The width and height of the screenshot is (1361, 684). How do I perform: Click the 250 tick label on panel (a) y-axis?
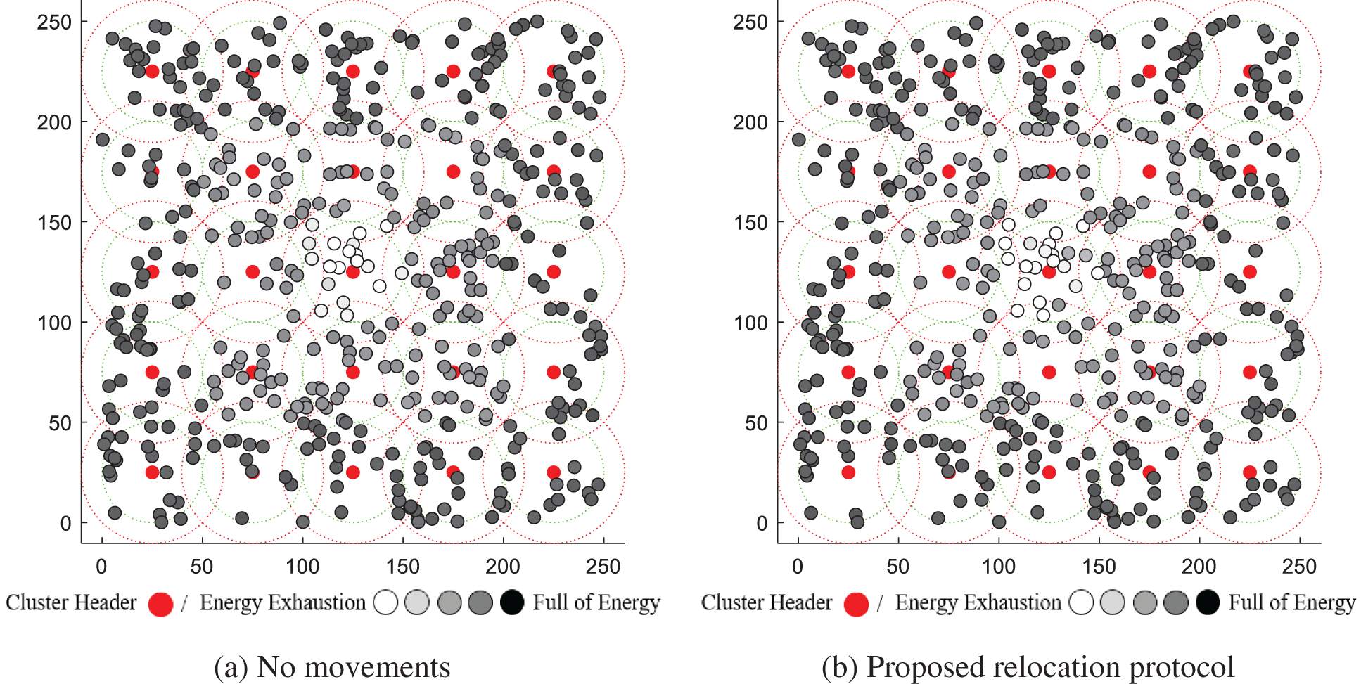54,22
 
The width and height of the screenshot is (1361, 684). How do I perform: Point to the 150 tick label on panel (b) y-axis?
750,223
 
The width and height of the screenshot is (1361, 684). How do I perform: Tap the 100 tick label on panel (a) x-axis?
302,567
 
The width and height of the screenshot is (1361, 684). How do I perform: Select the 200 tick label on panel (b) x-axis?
1199,567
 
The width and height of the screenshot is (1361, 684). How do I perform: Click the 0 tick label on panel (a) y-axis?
65,524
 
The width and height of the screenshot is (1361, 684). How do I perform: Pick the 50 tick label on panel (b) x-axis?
897,567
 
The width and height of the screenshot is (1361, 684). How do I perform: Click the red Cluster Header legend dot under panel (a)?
160,604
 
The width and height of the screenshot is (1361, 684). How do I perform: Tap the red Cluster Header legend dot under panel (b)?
856,604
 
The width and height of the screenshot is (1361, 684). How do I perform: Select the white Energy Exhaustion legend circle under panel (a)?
386,602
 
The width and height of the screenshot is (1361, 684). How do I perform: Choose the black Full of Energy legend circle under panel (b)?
1208,602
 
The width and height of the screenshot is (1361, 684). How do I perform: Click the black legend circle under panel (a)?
512,602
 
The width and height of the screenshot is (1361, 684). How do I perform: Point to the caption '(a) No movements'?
332,667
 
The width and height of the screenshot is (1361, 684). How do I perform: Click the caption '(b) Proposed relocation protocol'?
1028,667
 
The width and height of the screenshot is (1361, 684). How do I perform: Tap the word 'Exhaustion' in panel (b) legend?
1012,603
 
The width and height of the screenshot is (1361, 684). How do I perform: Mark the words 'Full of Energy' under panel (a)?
596,603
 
